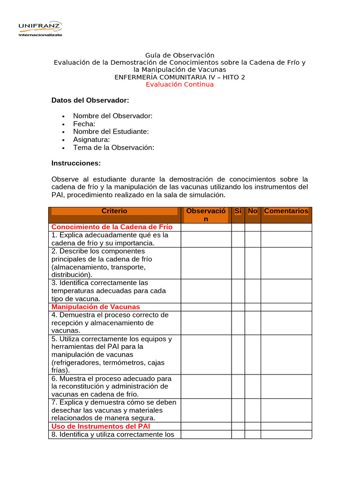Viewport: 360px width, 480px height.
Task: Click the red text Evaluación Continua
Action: click(x=180, y=84)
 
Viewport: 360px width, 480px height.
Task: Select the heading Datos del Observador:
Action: click(x=90, y=100)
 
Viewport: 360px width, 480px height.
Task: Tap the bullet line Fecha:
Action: click(x=84, y=124)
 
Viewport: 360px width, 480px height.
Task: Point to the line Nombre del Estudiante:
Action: click(x=111, y=132)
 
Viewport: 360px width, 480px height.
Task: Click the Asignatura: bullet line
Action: click(x=91, y=139)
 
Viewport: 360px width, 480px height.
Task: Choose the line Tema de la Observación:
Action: click(x=113, y=147)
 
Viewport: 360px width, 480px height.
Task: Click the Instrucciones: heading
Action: click(x=76, y=163)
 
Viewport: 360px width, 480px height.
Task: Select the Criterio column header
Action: click(x=114, y=211)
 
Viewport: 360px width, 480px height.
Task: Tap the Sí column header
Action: click(x=238, y=211)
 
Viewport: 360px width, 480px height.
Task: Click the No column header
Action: click(x=253, y=211)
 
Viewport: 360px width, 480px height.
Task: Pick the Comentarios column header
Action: click(x=286, y=211)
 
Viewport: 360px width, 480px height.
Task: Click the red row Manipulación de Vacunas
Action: click(x=96, y=307)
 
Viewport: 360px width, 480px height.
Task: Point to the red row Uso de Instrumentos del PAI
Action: click(x=100, y=426)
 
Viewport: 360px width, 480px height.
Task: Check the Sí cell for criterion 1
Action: click(x=238, y=239)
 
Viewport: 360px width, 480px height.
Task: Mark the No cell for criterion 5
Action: click(x=253, y=354)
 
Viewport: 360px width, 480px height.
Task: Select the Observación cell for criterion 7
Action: click(x=206, y=410)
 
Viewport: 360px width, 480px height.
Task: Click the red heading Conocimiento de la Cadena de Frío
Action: click(x=112, y=227)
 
